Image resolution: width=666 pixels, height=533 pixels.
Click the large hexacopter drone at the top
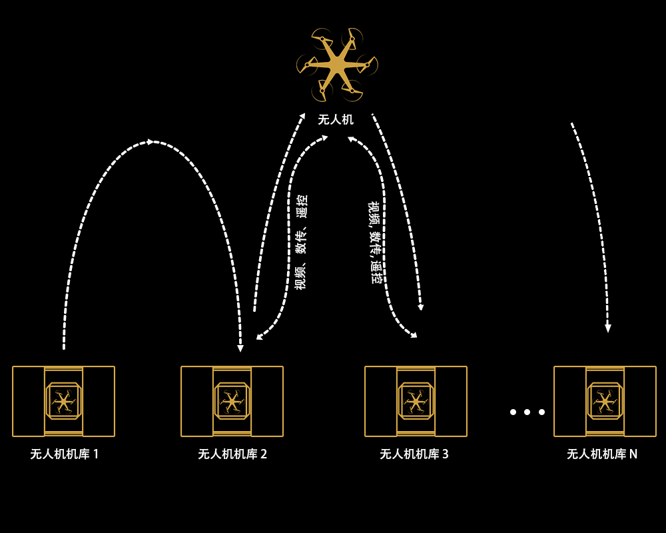coord(337,65)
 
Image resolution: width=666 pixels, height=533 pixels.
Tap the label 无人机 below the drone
coord(336,119)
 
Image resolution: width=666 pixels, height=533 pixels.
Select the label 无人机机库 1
coord(64,454)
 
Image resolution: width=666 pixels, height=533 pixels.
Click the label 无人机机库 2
coord(232,454)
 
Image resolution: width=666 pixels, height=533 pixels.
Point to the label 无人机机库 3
coord(414,454)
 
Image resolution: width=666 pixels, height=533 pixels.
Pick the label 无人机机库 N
coord(602,454)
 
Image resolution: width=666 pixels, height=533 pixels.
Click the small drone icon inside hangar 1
coord(63,401)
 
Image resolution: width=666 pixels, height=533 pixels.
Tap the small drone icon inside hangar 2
coord(232,401)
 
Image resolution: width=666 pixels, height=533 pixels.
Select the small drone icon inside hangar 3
coord(416,401)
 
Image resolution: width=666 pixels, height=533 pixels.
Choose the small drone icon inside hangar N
coord(605,401)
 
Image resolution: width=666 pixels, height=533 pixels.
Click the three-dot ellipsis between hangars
coord(527,412)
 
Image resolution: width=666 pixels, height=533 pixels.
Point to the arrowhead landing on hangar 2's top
coord(240,348)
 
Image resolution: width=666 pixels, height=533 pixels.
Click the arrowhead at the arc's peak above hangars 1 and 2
coord(150,141)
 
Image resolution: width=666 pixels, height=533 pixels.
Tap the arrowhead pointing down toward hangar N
coord(608,328)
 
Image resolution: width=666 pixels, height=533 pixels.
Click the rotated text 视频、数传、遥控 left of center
coord(301,243)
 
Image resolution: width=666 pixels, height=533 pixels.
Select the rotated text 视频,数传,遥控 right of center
coord(375,243)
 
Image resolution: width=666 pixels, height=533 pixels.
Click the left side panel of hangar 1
coord(29,401)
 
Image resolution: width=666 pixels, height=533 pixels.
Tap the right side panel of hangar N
coord(640,401)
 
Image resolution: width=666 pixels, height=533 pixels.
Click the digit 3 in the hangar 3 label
coord(446,454)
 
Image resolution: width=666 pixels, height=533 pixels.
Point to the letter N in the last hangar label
coord(633,454)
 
